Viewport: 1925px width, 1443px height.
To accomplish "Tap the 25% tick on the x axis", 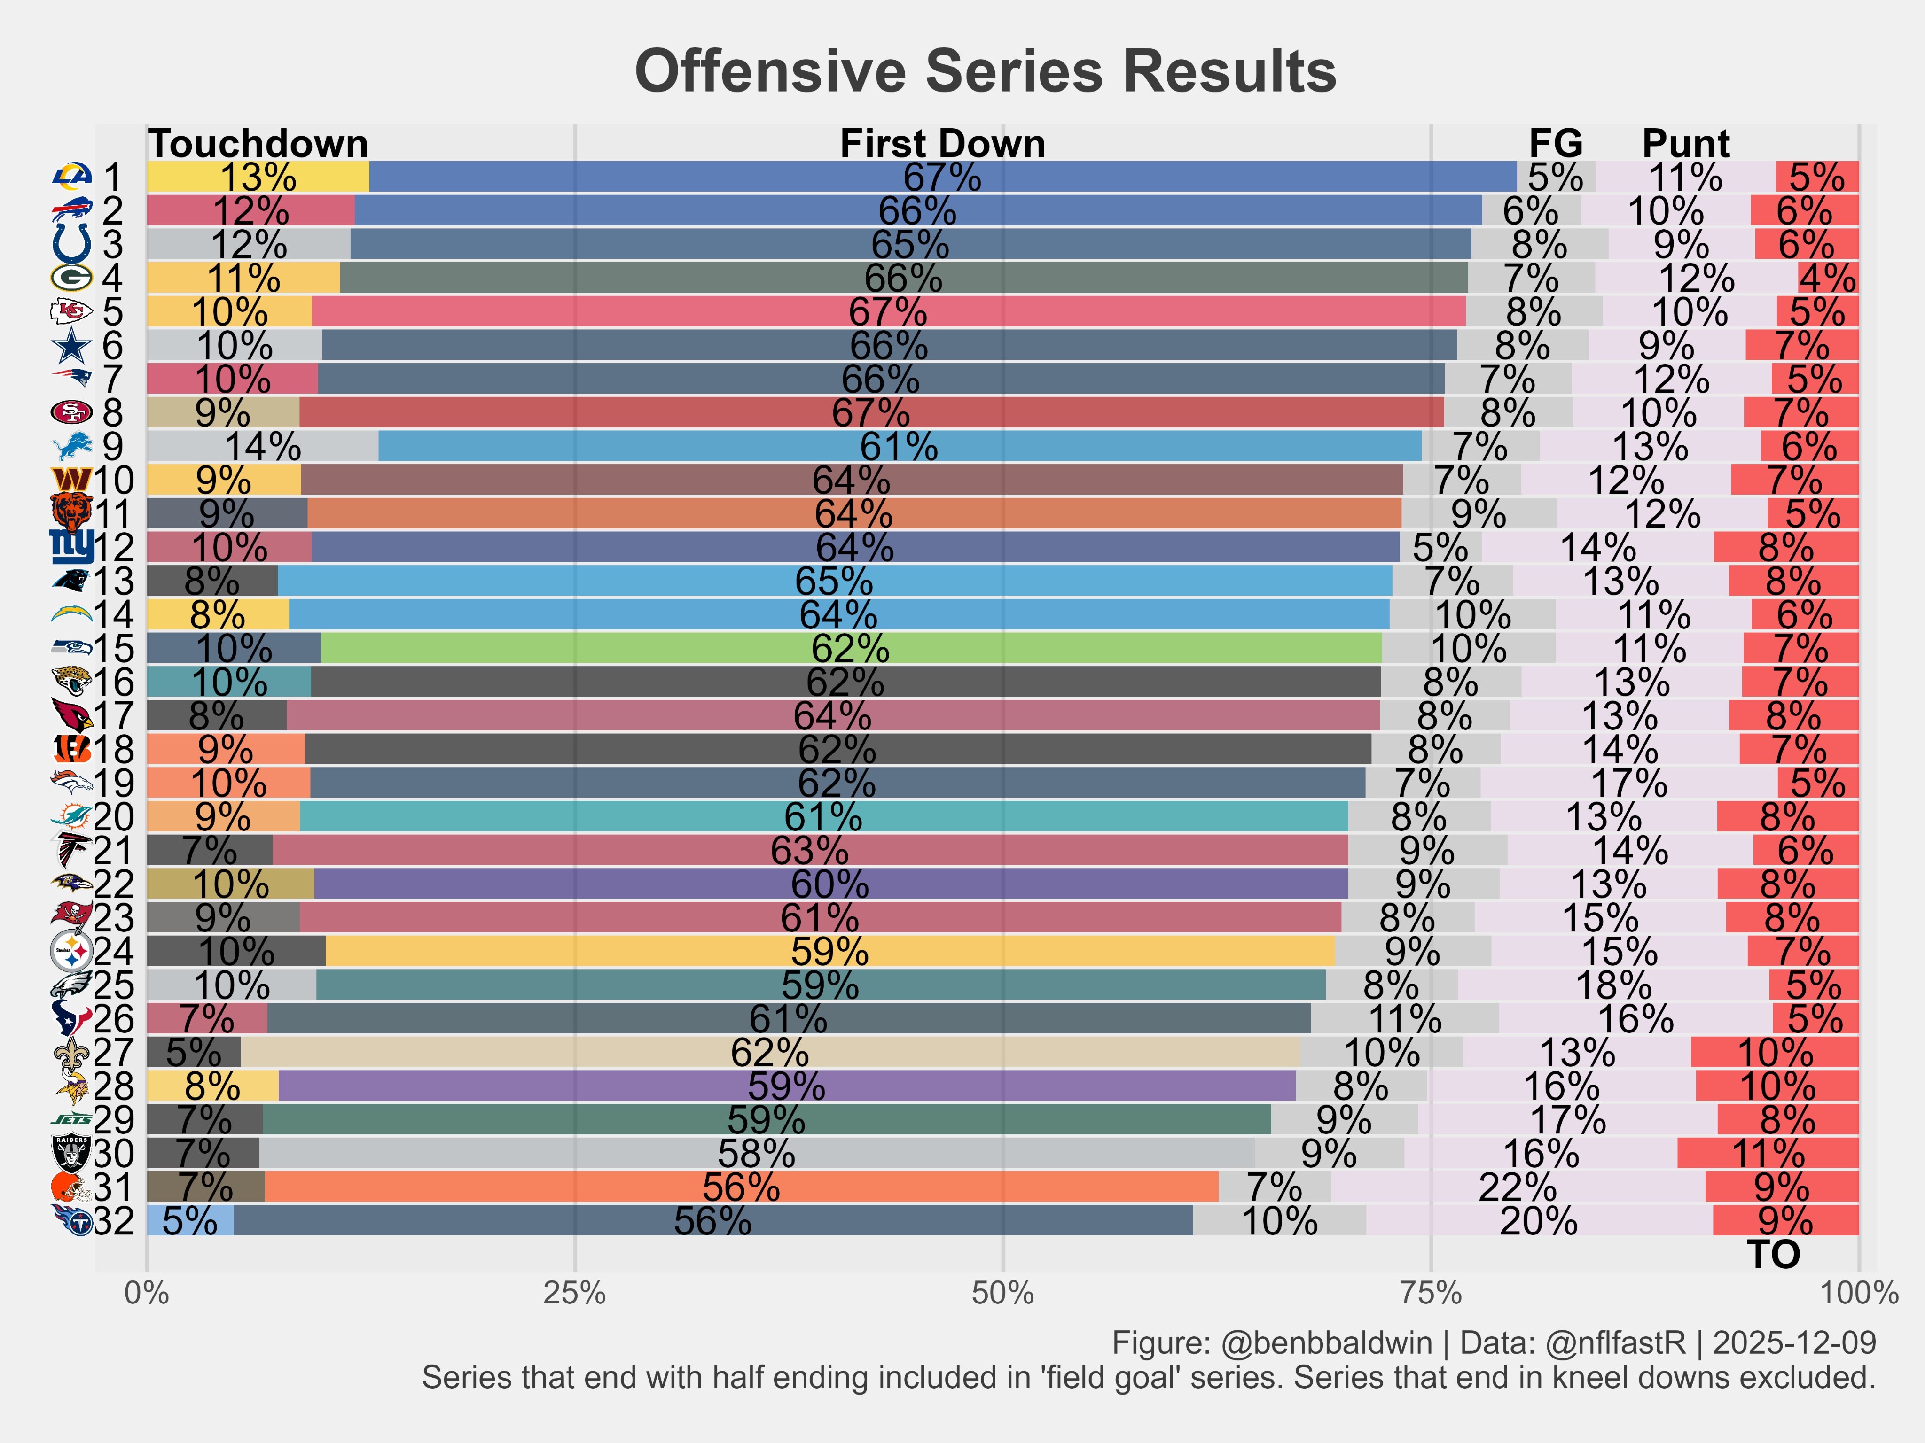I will pyautogui.click(x=574, y=1294).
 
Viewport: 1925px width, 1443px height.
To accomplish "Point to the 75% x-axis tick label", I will pyautogui.click(x=1431, y=1294).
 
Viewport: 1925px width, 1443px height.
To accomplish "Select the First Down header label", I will pyautogui.click(x=942, y=144).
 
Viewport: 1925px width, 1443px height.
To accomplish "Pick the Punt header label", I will pyautogui.click(x=1686, y=144).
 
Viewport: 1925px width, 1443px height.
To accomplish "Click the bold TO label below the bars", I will pyautogui.click(x=1773, y=1254).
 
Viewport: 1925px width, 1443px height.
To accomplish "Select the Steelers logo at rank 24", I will pyautogui.click(x=71, y=952).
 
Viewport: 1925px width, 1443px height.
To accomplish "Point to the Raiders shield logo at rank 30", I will pyautogui.click(x=71, y=1153).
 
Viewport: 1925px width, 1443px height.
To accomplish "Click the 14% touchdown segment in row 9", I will pyautogui.click(x=263, y=446).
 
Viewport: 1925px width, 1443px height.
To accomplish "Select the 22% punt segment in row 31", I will pyautogui.click(x=1518, y=1187).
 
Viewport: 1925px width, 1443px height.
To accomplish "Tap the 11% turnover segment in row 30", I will pyautogui.click(x=1768, y=1153).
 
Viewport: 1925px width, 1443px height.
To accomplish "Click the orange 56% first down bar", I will pyautogui.click(x=742, y=1187).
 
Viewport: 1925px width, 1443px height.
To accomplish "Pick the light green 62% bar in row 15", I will pyautogui.click(x=850, y=649).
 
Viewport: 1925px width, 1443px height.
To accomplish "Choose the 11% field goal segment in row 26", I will pyautogui.click(x=1405, y=1018).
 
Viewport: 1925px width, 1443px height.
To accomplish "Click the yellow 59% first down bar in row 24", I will pyautogui.click(x=829, y=952).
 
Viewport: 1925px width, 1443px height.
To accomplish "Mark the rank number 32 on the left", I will pyautogui.click(x=114, y=1221).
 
